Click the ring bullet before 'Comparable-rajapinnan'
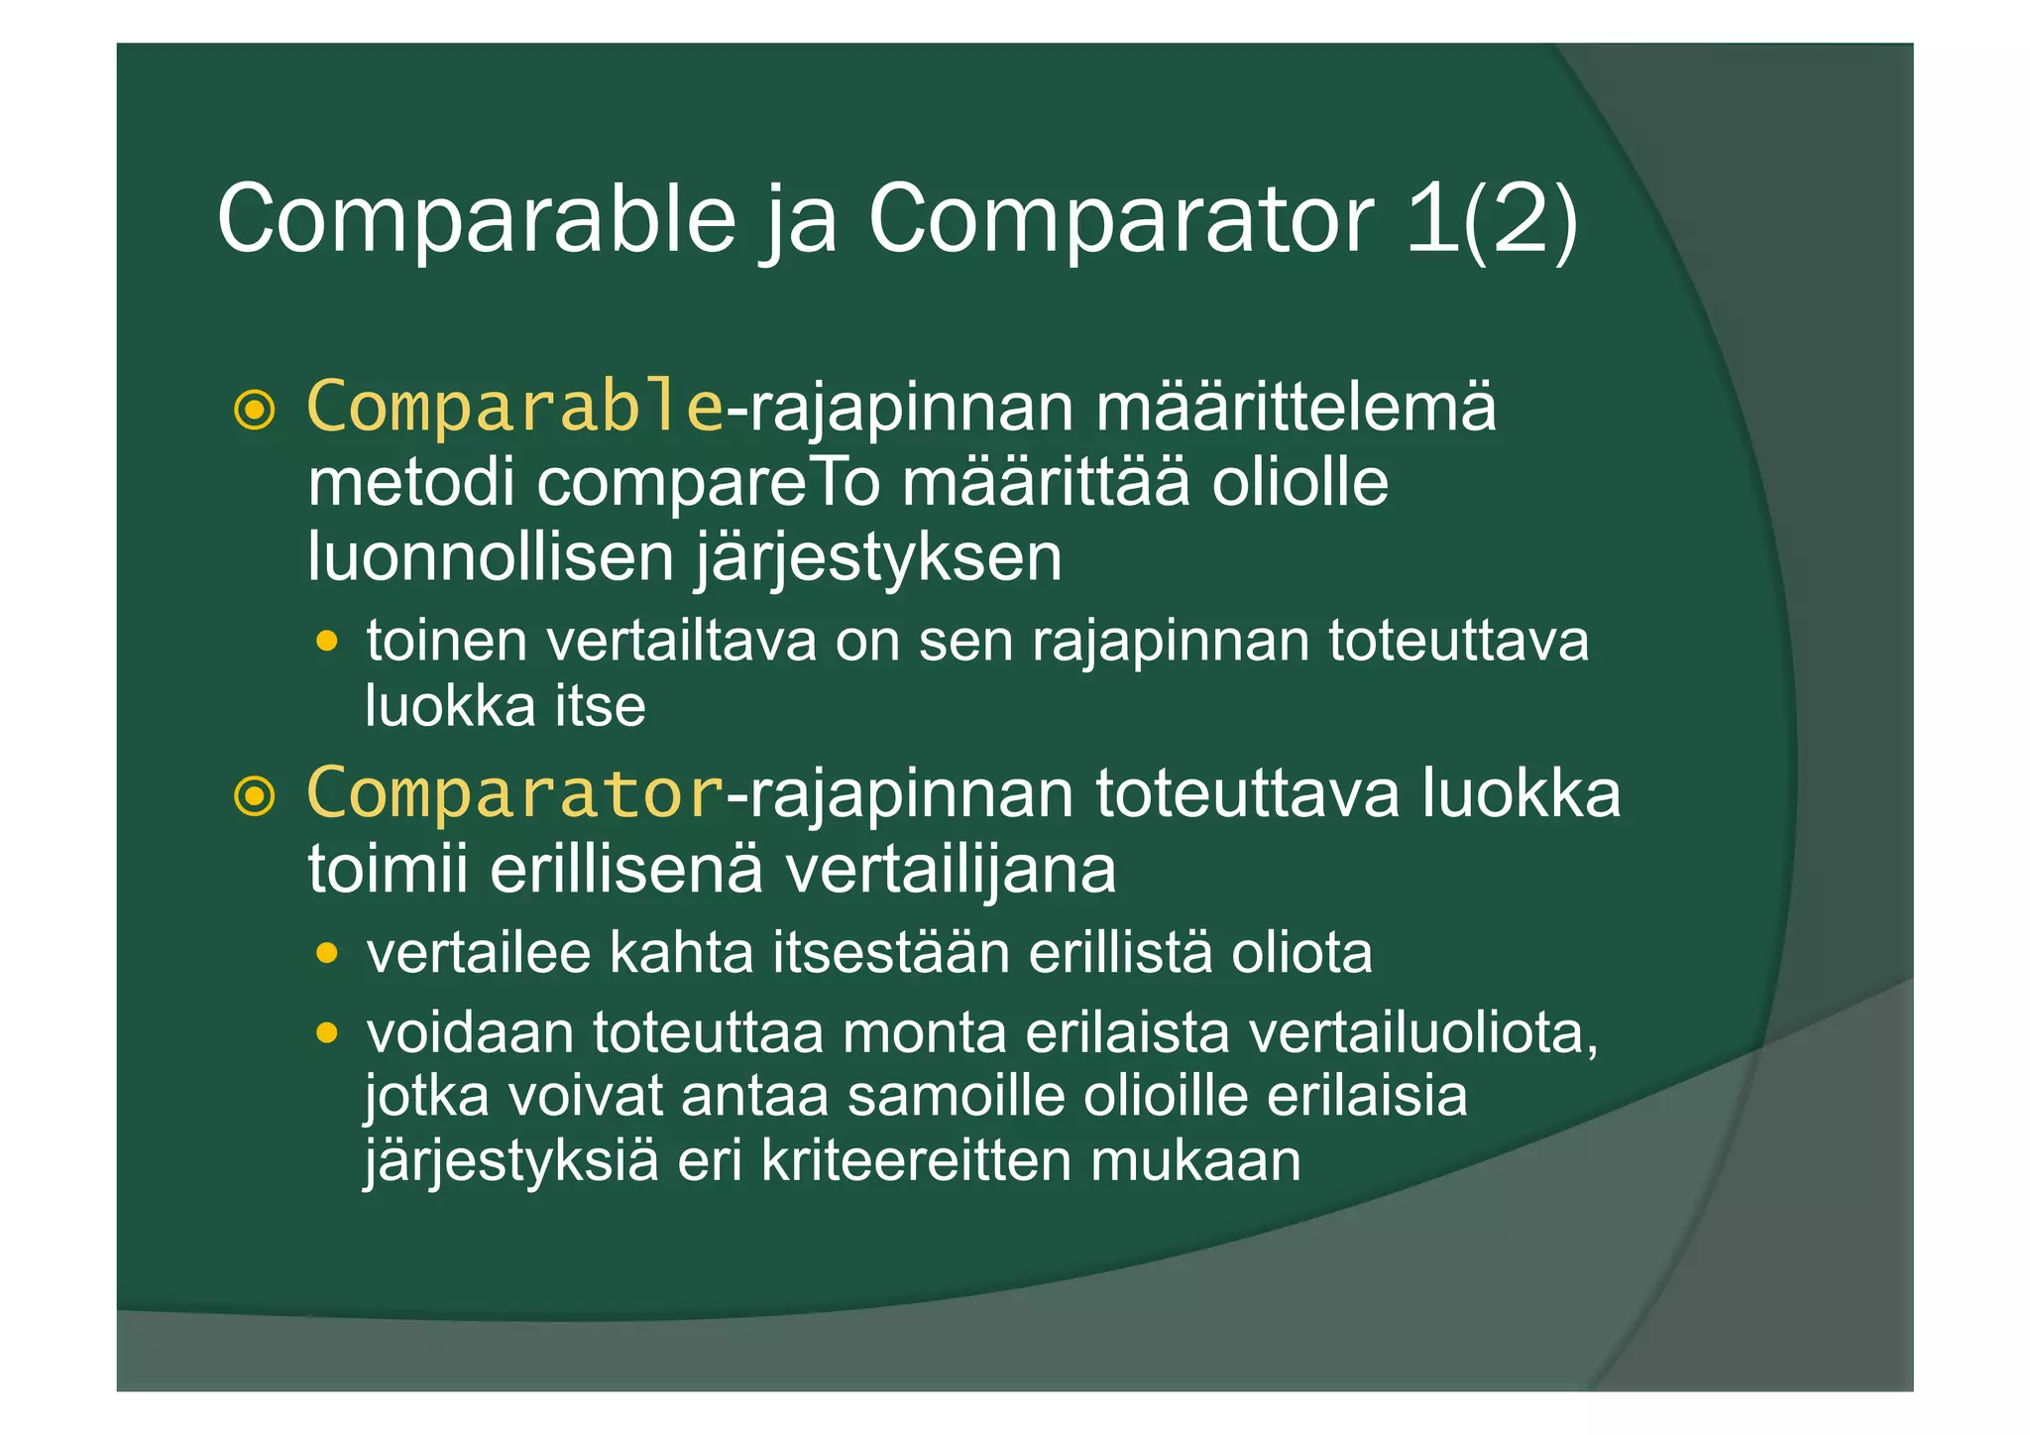[x=254, y=410]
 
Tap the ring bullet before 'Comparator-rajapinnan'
[x=254, y=796]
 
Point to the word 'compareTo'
[x=709, y=483]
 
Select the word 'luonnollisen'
[x=491, y=556]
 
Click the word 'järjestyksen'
[x=878, y=558]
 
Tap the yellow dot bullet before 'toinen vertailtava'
[x=326, y=642]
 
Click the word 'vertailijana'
[x=951, y=870]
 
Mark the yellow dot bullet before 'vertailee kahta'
[x=326, y=954]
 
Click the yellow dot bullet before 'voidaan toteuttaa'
[x=326, y=1034]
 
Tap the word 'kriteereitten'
[x=916, y=1161]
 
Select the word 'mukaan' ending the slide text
[x=1195, y=1161]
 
